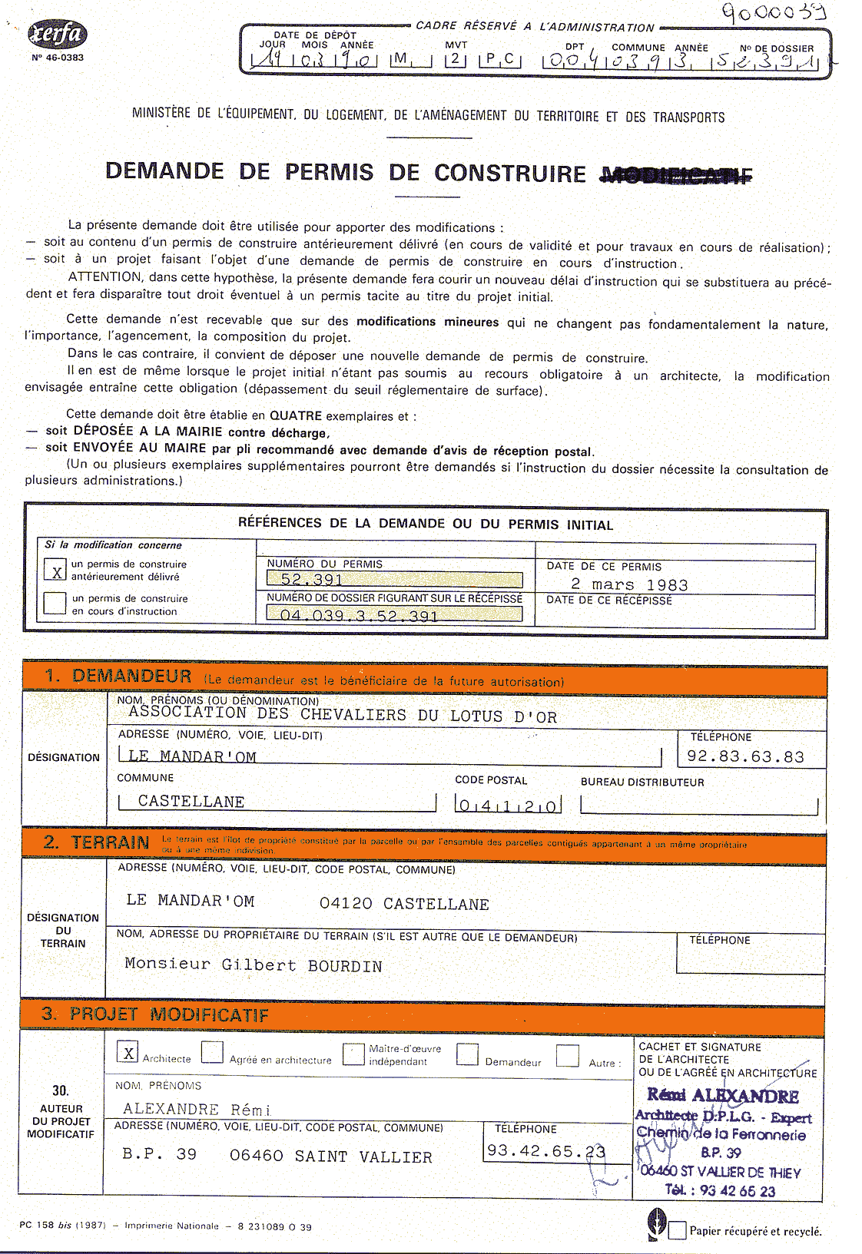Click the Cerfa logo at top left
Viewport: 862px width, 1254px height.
[x=58, y=35]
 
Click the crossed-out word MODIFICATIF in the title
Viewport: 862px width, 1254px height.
[x=675, y=176]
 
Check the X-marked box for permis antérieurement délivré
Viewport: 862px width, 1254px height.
[x=56, y=571]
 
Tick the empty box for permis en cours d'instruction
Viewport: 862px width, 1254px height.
[x=55, y=603]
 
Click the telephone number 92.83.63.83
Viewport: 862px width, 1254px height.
[x=745, y=757]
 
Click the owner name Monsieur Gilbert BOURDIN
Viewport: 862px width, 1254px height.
[x=254, y=966]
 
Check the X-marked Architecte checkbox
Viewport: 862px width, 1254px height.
[x=129, y=1053]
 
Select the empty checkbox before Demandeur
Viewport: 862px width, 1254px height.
[x=467, y=1054]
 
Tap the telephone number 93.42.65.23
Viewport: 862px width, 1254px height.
[x=545, y=1151]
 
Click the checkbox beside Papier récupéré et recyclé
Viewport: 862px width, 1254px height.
[x=677, y=1231]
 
